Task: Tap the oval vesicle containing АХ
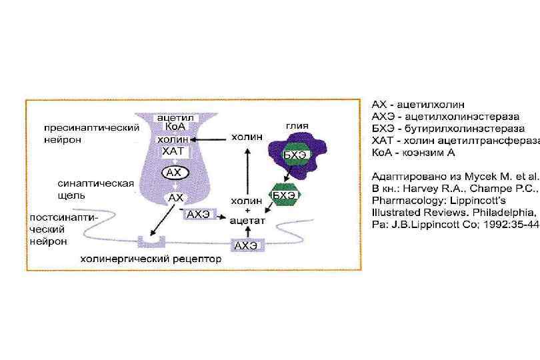173,172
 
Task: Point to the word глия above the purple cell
297,125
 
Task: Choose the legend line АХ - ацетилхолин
418,105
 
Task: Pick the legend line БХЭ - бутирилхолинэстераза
447,128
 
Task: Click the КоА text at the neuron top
172,127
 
